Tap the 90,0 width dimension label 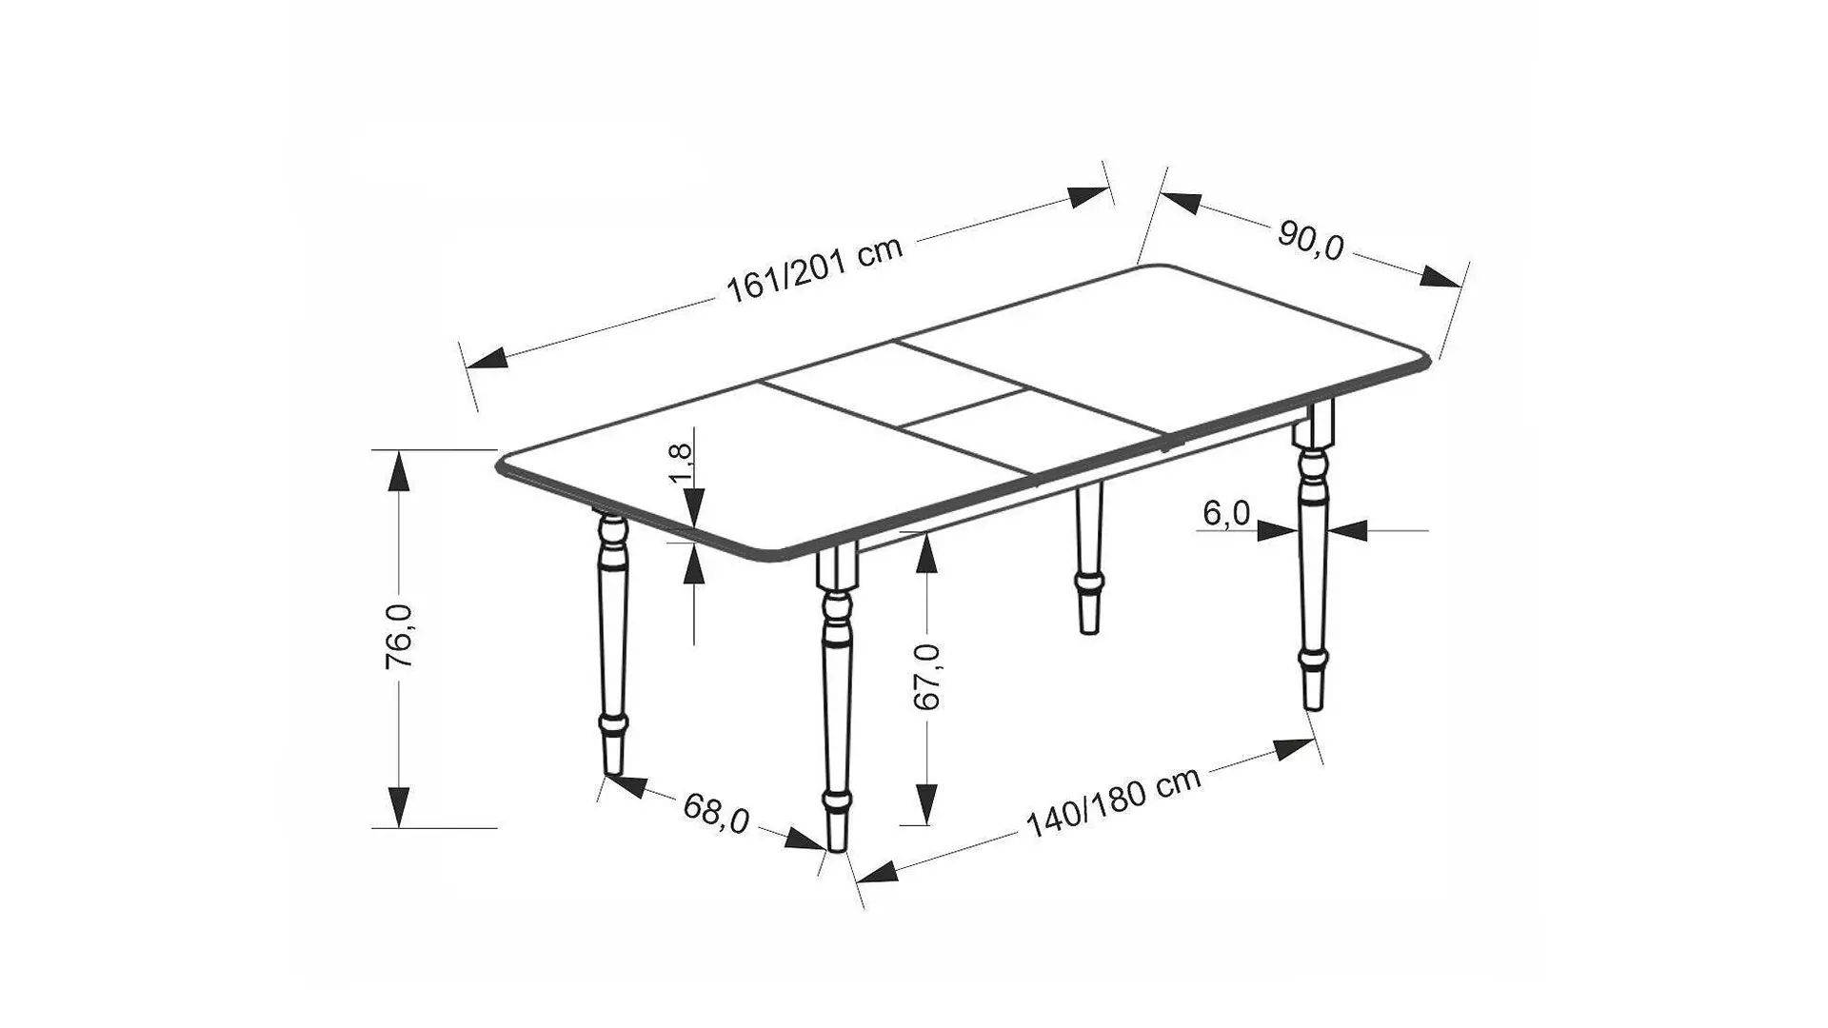1310,242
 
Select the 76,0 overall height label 399,637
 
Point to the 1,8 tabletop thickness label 684,462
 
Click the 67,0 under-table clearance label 926,677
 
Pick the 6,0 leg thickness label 1226,514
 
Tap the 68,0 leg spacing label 716,813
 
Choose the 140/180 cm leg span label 1113,803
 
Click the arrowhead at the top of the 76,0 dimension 399,471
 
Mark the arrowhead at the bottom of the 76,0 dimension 399,807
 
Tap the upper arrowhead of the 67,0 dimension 926,555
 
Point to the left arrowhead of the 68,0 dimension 626,785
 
